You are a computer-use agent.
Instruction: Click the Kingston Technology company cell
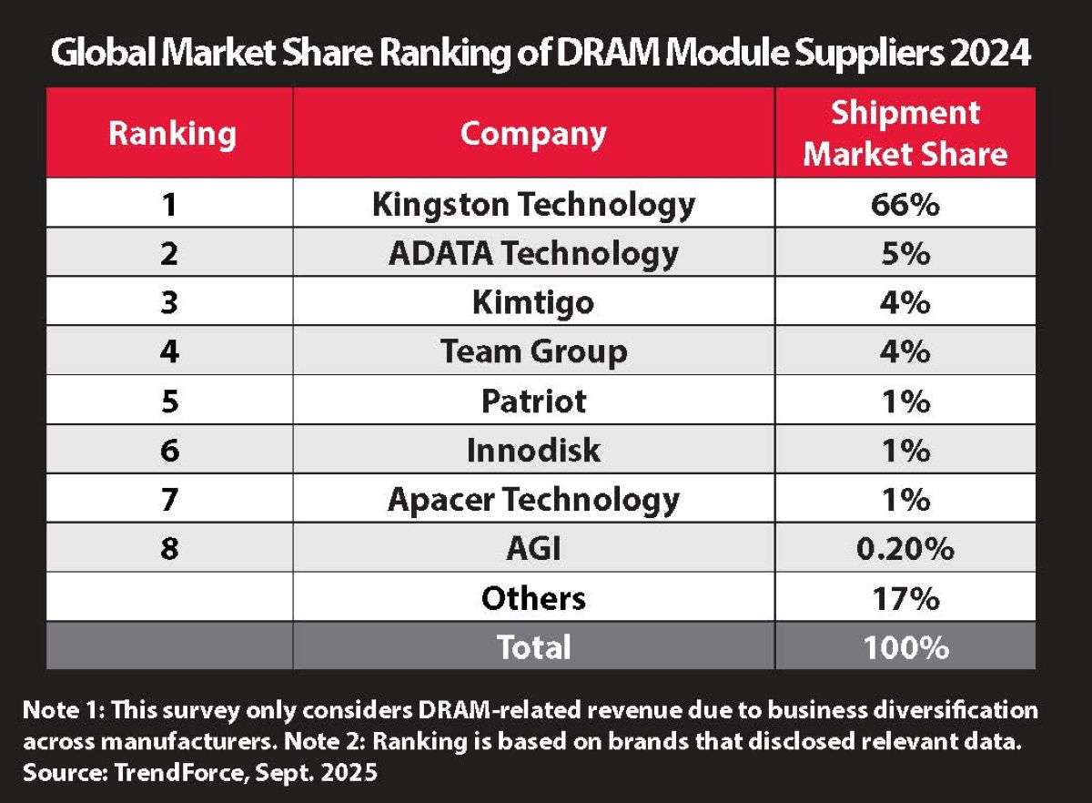[x=533, y=204]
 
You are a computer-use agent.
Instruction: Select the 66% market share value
[x=905, y=204]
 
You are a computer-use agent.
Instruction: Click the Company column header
[x=533, y=134]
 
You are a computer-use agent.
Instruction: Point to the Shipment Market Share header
[x=905, y=134]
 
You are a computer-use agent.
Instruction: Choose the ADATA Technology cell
[x=533, y=253]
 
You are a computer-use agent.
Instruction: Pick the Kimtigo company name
[x=533, y=302]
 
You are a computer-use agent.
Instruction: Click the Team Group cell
[x=533, y=351]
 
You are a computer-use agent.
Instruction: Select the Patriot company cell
[x=533, y=401]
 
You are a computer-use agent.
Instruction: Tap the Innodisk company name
[x=533, y=450]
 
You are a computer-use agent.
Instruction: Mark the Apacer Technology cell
[x=533, y=499]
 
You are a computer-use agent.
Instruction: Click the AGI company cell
[x=533, y=548]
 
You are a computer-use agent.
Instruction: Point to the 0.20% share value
[x=905, y=548]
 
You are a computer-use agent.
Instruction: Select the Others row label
[x=533, y=597]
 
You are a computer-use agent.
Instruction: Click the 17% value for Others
[x=905, y=597]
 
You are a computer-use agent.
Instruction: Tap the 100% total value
[x=905, y=646]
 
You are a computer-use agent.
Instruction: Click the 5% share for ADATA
[x=905, y=253]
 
